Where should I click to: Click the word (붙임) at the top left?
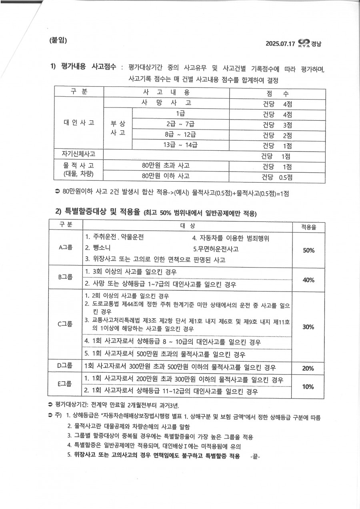[58, 40]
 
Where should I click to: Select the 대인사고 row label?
[79, 123]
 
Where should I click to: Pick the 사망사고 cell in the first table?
[166, 102]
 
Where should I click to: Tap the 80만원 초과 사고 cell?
[166, 166]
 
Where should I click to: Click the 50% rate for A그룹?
[308, 250]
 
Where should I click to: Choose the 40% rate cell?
[308, 280]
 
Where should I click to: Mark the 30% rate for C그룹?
[308, 327]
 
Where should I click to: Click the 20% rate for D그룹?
[308, 368]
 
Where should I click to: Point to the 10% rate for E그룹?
[308, 387]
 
